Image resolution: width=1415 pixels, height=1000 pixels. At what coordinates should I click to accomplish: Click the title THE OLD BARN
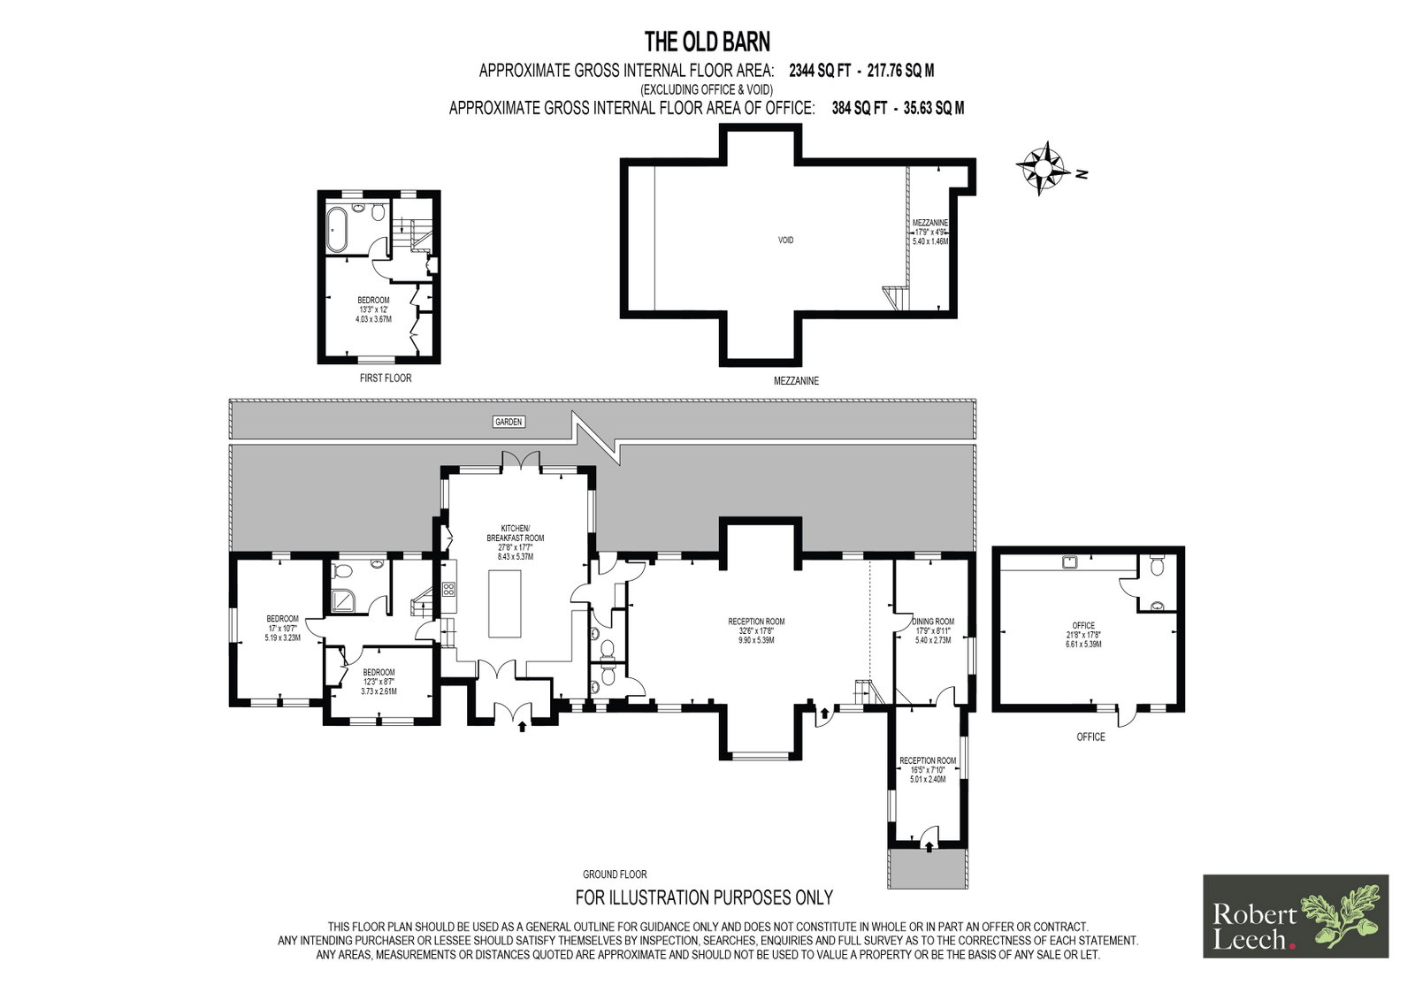click(x=707, y=42)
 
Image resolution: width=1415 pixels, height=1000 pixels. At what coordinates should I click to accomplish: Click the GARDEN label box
click(x=509, y=422)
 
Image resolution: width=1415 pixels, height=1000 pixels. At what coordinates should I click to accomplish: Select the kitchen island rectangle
click(x=505, y=604)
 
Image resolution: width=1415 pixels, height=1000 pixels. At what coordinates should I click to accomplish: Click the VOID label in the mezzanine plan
click(x=785, y=240)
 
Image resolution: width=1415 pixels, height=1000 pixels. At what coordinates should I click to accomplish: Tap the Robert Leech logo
click(x=1296, y=916)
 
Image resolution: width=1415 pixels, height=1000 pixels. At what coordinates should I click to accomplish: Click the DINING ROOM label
click(x=934, y=622)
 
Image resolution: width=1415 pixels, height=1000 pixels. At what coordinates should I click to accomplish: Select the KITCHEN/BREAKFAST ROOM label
click(x=516, y=533)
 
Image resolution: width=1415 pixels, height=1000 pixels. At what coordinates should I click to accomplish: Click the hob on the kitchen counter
click(x=448, y=590)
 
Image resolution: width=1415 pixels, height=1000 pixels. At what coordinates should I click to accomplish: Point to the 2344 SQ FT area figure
click(x=819, y=71)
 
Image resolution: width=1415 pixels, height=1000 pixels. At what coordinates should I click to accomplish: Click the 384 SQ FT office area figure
click(x=859, y=108)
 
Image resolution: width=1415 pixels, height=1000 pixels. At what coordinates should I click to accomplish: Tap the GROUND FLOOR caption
click(x=615, y=874)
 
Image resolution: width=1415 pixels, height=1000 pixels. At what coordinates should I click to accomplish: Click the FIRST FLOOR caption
click(x=386, y=378)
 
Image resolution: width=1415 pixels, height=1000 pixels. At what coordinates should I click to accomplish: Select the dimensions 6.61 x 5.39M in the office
click(x=1083, y=645)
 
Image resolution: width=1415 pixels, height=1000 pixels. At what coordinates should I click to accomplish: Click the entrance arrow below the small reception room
click(x=929, y=847)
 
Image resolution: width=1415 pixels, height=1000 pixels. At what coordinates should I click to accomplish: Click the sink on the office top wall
click(x=1069, y=561)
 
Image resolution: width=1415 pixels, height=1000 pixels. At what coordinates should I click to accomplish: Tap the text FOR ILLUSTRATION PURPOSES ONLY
click(x=704, y=897)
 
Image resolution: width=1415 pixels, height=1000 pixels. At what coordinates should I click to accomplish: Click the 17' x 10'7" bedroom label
click(x=282, y=628)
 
